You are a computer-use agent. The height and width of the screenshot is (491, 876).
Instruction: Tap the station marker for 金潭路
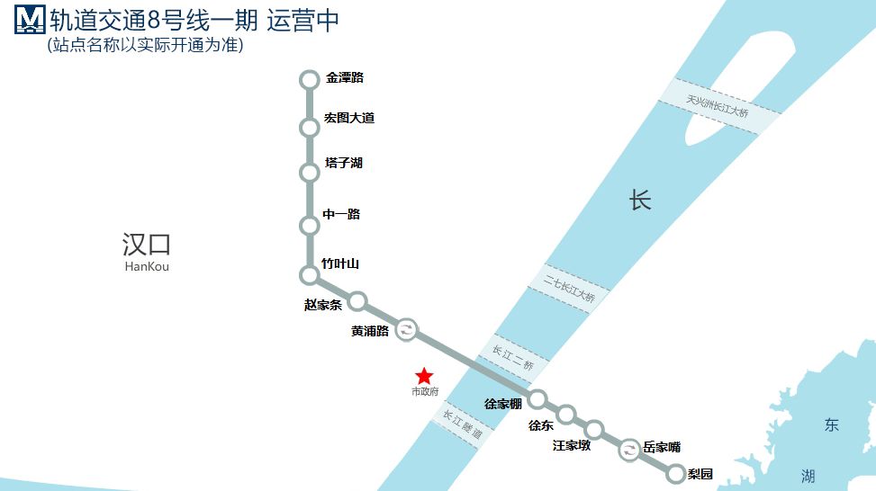tap(310, 80)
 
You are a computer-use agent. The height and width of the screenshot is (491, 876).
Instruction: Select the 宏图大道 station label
tap(349, 119)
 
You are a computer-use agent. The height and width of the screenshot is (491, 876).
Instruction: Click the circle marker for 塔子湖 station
tap(310, 172)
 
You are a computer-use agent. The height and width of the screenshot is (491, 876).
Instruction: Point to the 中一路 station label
tap(341, 214)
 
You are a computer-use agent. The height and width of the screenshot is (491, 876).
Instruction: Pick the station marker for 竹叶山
tap(310, 274)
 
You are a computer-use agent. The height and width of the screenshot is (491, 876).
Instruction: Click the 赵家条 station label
tap(323, 305)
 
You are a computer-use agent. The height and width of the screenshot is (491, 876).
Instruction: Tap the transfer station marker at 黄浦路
tap(407, 330)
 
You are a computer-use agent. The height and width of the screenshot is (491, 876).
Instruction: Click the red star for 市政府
tap(424, 376)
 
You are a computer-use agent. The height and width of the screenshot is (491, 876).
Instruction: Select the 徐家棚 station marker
tap(537, 398)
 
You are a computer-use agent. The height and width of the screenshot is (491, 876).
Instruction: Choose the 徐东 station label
tap(541, 424)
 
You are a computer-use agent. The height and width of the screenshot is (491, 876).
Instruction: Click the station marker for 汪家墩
tap(594, 429)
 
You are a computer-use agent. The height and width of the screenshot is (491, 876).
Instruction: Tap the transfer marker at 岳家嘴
tap(629, 451)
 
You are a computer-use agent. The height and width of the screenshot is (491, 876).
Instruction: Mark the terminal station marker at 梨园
tap(676, 472)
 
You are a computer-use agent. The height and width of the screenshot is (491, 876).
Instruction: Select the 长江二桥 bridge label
tap(513, 358)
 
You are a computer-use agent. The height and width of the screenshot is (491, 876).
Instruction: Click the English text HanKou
tap(147, 266)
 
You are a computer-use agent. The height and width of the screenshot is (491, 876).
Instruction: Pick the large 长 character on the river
tap(640, 201)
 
